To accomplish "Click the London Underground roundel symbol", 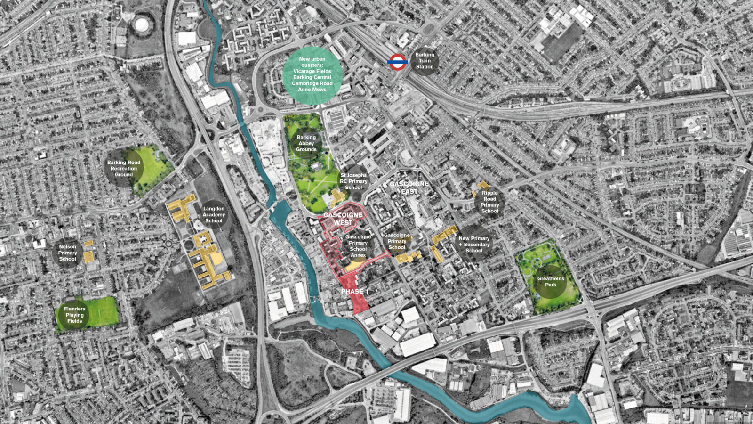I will (x=397, y=62).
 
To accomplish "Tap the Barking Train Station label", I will (x=425, y=61).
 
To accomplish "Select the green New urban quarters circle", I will (x=312, y=74).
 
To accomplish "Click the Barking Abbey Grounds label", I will (x=306, y=143).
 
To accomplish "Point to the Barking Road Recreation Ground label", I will (x=124, y=168).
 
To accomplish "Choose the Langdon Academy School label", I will (x=214, y=214).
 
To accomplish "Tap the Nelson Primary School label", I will (x=67, y=253).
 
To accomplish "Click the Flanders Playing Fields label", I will (x=74, y=315).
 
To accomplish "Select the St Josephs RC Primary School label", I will (x=353, y=181).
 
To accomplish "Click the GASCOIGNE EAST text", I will (x=409, y=188).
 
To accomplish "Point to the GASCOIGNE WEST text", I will (x=343, y=219).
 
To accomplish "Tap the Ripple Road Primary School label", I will (x=489, y=202).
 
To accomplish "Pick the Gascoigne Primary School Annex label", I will (x=358, y=246).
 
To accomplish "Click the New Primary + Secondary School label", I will (x=474, y=244).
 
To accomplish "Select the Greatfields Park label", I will (x=551, y=281).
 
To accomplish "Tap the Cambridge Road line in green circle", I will (x=312, y=83).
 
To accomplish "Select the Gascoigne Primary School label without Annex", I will (x=397, y=241).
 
